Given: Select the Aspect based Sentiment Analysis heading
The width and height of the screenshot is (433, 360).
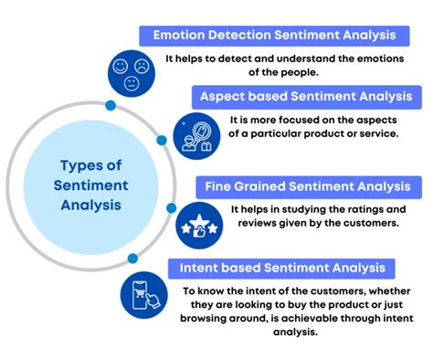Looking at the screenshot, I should [x=304, y=95].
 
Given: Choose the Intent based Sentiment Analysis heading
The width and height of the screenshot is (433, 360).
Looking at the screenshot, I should [x=282, y=267].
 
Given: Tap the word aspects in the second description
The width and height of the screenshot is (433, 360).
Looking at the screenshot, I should [x=376, y=118].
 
